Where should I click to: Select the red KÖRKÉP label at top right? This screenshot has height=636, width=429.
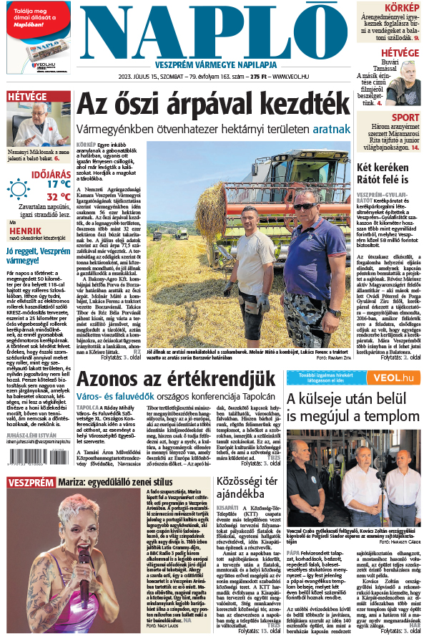click(x=403, y=7)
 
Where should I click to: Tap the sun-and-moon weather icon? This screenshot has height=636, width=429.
click(x=18, y=188)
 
